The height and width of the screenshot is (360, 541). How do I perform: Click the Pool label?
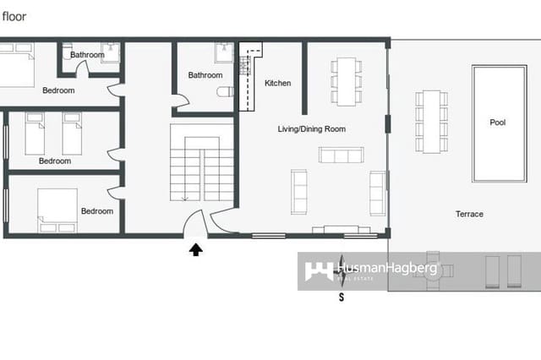[x=498, y=123]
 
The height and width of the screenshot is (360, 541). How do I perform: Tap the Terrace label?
[x=469, y=214]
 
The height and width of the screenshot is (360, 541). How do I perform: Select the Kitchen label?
[x=278, y=83]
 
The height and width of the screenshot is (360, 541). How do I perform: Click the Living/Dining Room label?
[x=312, y=129]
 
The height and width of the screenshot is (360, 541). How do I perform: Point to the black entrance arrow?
[x=196, y=249]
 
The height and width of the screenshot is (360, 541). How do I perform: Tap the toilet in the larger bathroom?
[x=224, y=92]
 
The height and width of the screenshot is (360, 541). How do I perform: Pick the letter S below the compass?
[x=342, y=297]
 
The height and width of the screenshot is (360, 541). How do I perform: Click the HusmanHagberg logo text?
[x=387, y=270]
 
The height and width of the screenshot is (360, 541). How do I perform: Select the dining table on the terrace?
[x=431, y=121]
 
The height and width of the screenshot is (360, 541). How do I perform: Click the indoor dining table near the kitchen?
[x=345, y=80]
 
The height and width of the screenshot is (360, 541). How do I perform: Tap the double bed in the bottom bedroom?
[x=57, y=209]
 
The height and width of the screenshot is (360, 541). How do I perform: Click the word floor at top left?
[x=13, y=15]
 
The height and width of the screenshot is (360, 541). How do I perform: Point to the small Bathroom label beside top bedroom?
[x=87, y=55]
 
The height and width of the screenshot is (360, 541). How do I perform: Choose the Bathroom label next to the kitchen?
[x=205, y=75]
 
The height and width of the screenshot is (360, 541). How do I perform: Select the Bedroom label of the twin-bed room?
[x=55, y=161]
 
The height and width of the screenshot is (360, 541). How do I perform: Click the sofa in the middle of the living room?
[x=341, y=155]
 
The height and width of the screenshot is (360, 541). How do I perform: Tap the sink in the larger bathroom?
[x=223, y=48]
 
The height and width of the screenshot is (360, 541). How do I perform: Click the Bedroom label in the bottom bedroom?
[x=97, y=211]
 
